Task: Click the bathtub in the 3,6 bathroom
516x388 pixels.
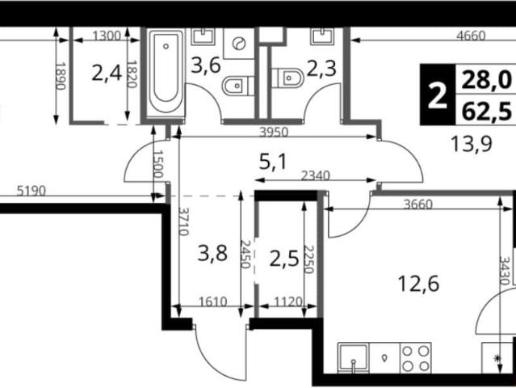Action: [x=166, y=73]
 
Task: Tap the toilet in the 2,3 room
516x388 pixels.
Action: [x=287, y=78]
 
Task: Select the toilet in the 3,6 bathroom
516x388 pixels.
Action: [x=238, y=86]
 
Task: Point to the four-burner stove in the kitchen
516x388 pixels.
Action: [x=415, y=358]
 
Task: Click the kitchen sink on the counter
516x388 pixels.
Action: [x=353, y=358]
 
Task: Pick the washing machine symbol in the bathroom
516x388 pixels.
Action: [x=239, y=44]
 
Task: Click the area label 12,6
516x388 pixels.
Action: [x=418, y=284]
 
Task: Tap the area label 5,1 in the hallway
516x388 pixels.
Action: [x=273, y=162]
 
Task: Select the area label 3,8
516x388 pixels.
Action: [x=212, y=254]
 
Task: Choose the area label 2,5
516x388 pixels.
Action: [x=284, y=259]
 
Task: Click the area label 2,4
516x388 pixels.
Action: [x=107, y=74]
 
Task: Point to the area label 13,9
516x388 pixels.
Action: [x=471, y=144]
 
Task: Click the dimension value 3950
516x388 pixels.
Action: [x=274, y=133]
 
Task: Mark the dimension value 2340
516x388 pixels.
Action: [x=315, y=176]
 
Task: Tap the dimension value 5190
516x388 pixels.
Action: [x=31, y=191]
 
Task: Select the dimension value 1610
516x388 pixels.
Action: [x=213, y=302]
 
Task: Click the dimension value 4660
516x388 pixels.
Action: [x=471, y=36]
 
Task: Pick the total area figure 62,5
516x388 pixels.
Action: [x=486, y=112]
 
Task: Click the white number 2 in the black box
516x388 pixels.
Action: [x=438, y=95]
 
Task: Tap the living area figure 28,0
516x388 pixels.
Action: [x=486, y=80]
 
